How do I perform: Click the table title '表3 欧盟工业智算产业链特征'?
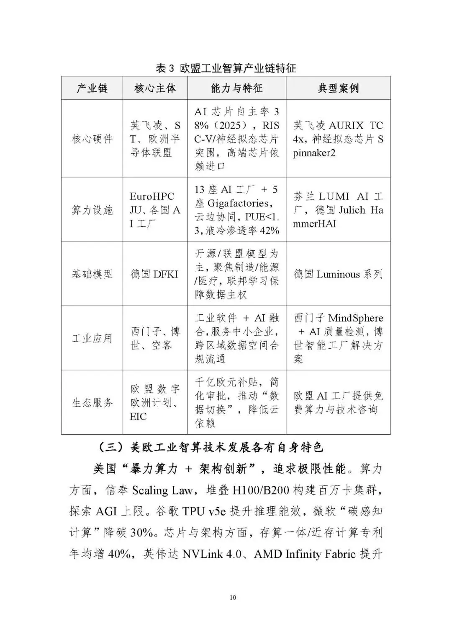coord(226,68)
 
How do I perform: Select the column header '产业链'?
coord(92,88)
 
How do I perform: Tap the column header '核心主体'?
coord(155,88)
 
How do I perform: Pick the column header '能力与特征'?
coord(236,88)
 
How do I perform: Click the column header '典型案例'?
coord(338,88)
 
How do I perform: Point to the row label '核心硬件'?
coord(92,139)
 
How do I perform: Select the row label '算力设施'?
coord(92,210)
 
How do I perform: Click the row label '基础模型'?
coord(92,274)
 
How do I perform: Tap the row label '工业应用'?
coord(92,338)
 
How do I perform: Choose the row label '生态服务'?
coord(92,403)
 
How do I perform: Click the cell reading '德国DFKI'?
coord(154,274)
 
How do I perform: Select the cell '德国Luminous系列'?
coord(338,274)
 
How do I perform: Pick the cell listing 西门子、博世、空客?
coord(155,338)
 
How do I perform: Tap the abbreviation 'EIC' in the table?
coord(138,417)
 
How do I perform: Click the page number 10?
coord(233,597)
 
